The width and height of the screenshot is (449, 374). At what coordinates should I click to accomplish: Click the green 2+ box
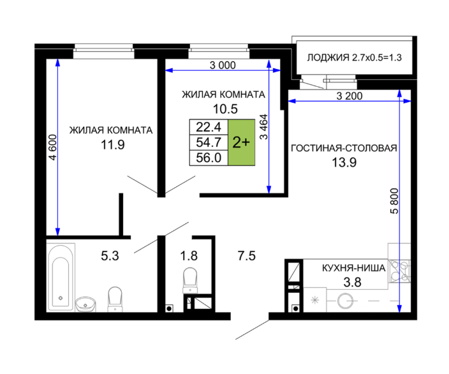pyautogui.click(x=241, y=142)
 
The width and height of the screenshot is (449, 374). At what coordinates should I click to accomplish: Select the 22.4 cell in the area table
pyautogui.click(x=209, y=127)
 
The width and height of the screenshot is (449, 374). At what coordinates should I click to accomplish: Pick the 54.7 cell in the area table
pyautogui.click(x=209, y=142)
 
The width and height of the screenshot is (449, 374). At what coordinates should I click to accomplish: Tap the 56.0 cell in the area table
pyautogui.click(x=209, y=158)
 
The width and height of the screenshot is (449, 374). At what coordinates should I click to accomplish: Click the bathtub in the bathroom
pyautogui.click(x=61, y=277)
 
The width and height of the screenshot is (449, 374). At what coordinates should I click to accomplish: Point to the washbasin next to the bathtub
pyautogui.click(x=85, y=304)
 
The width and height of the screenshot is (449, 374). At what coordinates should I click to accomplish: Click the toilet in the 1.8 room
pyautogui.click(x=190, y=281)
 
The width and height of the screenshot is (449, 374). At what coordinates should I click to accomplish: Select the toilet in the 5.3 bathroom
pyautogui.click(x=115, y=299)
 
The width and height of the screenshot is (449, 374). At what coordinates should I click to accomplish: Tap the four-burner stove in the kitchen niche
pyautogui.click(x=399, y=271)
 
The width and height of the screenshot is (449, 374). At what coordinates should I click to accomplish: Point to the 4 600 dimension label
pyautogui.click(x=53, y=147)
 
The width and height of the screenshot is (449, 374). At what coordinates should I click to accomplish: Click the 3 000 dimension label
pyautogui.click(x=223, y=65)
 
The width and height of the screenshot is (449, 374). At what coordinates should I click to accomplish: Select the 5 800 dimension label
pyautogui.click(x=394, y=201)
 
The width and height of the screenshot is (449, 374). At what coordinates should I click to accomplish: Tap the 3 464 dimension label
pyautogui.click(x=263, y=126)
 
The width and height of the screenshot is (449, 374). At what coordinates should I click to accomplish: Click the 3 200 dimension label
pyautogui.click(x=350, y=96)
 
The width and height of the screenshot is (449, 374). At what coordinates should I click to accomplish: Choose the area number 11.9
pyautogui.click(x=112, y=145)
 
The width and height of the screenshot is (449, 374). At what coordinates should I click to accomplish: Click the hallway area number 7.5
pyautogui.click(x=247, y=255)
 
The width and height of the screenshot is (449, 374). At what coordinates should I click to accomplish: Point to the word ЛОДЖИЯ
pyautogui.click(x=328, y=57)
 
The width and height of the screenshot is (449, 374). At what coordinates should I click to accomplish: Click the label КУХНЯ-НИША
pyautogui.click(x=353, y=268)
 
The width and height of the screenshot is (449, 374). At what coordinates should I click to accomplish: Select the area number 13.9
pyautogui.click(x=344, y=163)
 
